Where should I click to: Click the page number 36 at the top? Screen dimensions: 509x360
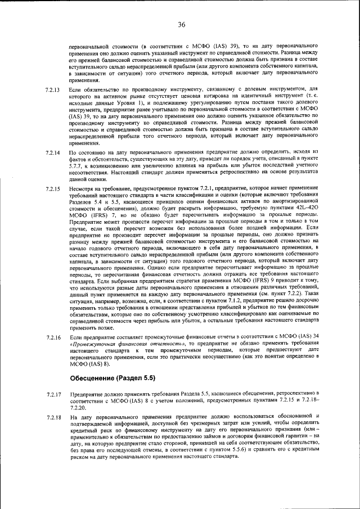[x=181, y=24]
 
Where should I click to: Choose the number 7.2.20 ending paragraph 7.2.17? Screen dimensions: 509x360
[x=78, y=407]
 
